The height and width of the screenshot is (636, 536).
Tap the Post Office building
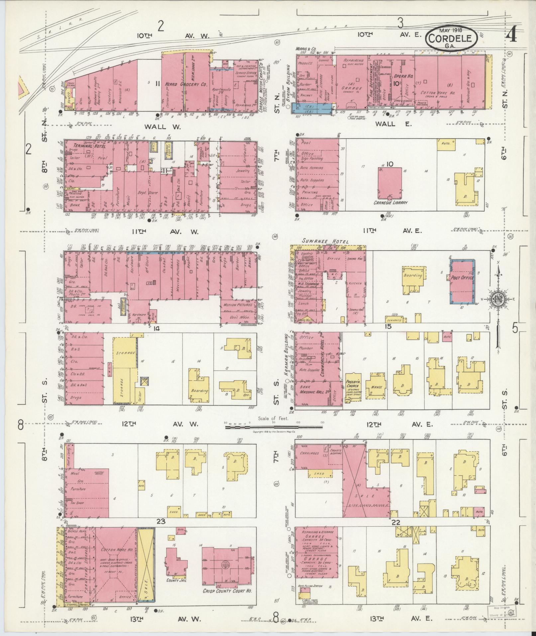coord(462,277)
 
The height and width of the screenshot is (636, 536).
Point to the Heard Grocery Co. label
coord(186,85)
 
